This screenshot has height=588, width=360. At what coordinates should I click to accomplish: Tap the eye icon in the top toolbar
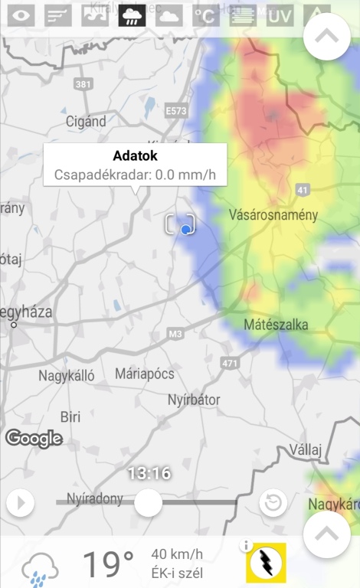[x=21, y=15]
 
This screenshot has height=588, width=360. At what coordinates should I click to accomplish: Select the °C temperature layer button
[x=204, y=15]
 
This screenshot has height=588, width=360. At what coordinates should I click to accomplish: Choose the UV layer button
[x=280, y=15]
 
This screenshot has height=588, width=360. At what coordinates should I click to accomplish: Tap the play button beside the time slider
[x=21, y=503]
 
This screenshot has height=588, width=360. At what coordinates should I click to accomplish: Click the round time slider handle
[x=148, y=502]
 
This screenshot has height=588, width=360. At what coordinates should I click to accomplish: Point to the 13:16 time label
[x=149, y=473]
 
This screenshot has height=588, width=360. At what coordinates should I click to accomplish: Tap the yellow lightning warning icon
[x=266, y=563]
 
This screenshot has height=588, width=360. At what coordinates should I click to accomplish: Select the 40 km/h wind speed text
[x=178, y=554]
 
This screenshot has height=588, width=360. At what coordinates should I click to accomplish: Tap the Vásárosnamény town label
[x=273, y=215]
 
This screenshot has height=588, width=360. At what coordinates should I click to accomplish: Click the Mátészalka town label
[x=276, y=325]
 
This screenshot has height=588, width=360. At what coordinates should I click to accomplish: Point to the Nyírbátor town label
[x=194, y=400]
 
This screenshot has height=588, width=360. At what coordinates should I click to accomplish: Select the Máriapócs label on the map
[x=144, y=374]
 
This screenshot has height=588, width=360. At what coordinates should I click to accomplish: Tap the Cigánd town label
[x=86, y=121]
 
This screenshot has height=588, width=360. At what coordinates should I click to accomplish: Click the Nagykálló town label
[x=67, y=376]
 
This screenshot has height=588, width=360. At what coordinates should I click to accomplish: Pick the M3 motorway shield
[x=176, y=334]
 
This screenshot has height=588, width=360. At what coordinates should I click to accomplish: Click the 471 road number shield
[x=229, y=362]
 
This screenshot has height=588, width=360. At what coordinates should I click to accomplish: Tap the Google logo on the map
[x=34, y=439]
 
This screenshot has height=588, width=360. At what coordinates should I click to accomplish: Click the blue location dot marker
[x=185, y=228]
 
